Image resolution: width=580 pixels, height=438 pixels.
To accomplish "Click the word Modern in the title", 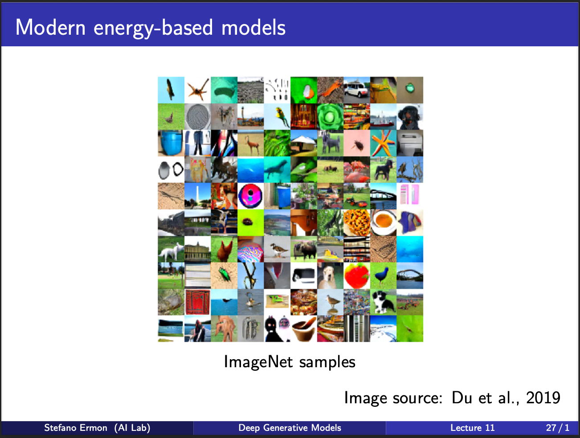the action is coord(50,27).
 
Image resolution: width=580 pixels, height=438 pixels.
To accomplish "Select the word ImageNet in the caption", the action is coord(258,362).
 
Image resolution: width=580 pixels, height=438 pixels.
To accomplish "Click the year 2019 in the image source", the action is coord(543,397).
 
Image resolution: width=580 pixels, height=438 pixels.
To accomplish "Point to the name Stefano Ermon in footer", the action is coord(76,428).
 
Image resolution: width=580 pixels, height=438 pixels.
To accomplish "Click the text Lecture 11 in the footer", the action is coord(472,428).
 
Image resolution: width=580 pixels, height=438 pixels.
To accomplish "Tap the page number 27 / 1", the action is coord(558,428).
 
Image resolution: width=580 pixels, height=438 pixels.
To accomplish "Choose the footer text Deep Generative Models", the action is coord(290,428).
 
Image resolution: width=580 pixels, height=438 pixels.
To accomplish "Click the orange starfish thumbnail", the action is coord(383,143).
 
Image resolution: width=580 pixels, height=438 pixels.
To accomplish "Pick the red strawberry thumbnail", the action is coord(357,276).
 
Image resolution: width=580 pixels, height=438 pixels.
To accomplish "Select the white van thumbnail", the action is coord(357,90).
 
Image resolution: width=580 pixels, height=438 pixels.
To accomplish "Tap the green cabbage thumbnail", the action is coord(330,117).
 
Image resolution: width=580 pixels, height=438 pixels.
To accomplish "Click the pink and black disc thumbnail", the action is coord(250,196).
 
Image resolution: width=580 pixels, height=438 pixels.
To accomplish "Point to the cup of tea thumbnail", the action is coord(383,223).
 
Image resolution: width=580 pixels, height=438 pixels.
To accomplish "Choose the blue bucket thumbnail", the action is coord(171,143).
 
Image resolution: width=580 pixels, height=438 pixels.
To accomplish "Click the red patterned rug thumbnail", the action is coord(197,302).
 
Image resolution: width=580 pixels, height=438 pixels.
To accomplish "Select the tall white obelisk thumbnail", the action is coord(197,196).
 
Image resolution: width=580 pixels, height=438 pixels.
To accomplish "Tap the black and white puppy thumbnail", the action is coord(383,302).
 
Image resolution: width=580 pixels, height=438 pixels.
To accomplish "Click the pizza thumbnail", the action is coord(357,223).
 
